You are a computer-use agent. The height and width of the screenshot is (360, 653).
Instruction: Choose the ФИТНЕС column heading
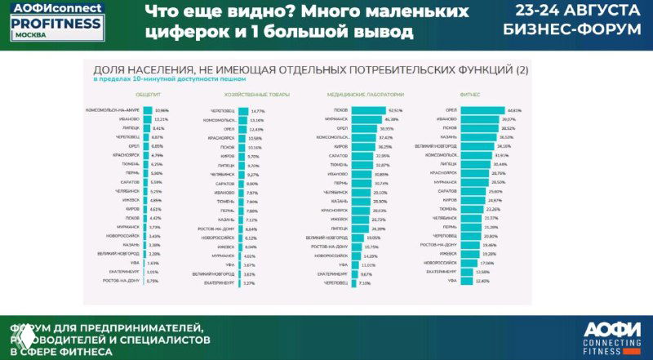(470, 94)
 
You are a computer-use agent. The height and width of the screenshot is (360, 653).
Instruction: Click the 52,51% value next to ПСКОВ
(396, 110)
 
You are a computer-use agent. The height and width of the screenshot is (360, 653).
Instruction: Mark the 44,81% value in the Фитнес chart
(514, 110)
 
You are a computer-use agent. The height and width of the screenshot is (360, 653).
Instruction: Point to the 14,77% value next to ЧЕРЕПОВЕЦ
(259, 110)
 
